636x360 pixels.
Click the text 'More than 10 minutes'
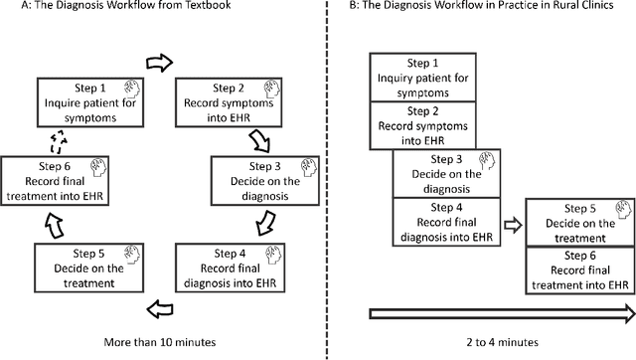(160, 342)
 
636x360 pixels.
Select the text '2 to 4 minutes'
(499, 342)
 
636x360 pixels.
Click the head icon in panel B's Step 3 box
(484, 159)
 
